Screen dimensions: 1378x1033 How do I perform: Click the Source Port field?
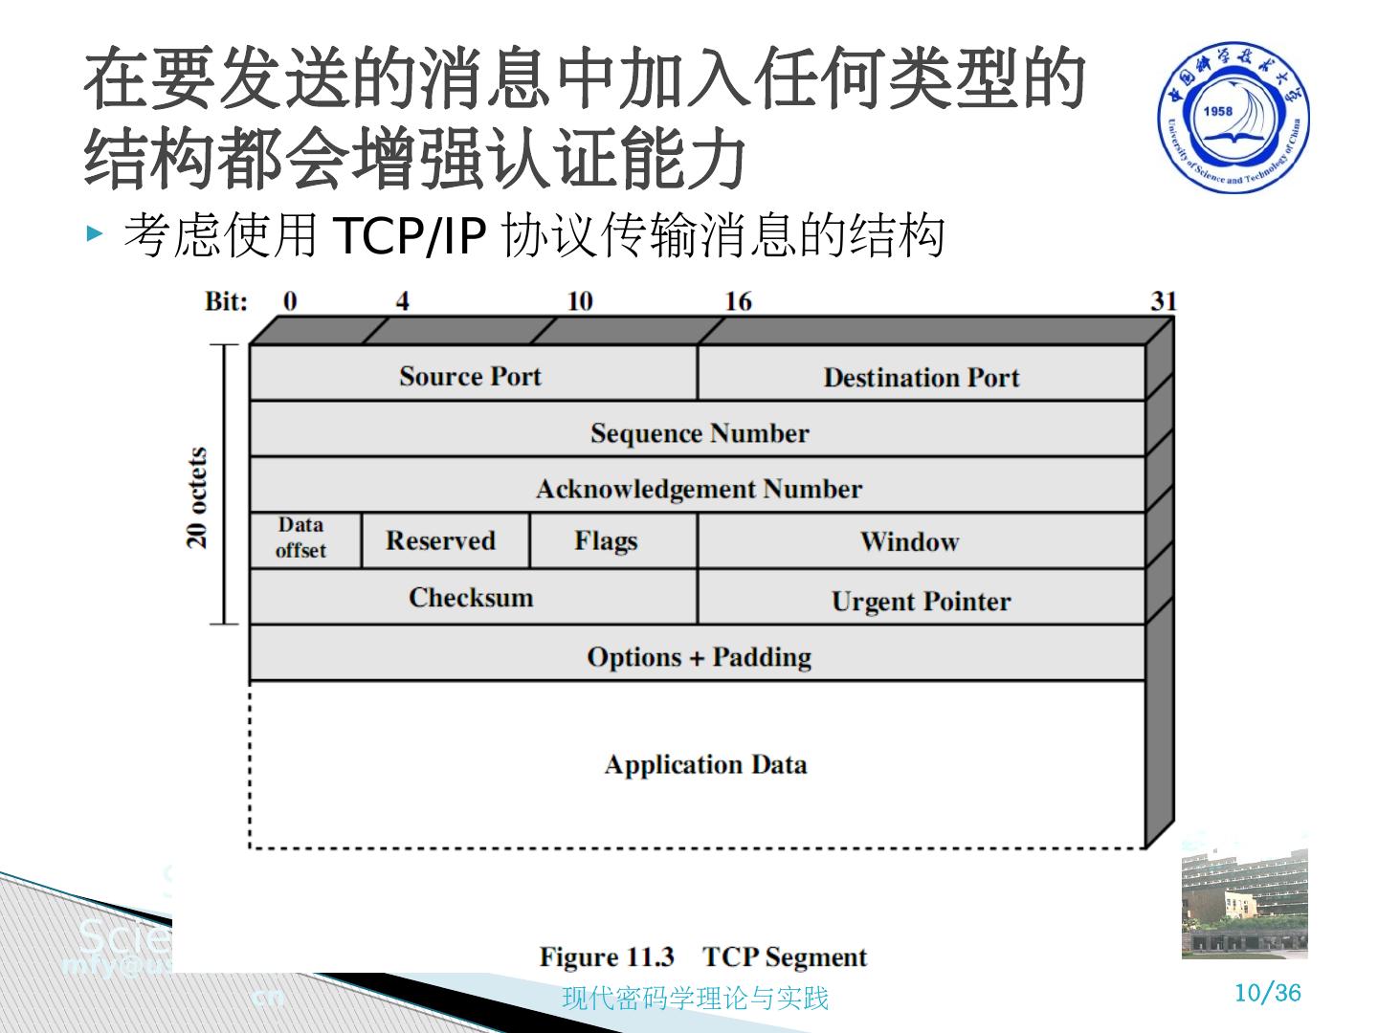coord(471,376)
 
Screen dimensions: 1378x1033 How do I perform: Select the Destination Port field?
coord(921,377)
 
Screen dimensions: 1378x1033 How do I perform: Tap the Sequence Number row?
coord(699,432)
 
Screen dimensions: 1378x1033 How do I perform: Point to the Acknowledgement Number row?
coord(699,489)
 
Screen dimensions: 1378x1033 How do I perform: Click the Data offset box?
coord(301,538)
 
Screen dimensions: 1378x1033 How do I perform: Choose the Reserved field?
coord(441,540)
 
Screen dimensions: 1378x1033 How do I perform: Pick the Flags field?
coord(606,540)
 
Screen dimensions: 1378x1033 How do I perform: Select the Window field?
coord(909,541)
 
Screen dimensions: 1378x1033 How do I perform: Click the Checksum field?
coord(471,597)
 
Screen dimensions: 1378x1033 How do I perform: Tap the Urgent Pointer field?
coord(921,601)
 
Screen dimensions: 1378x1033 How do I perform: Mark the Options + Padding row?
coord(699,656)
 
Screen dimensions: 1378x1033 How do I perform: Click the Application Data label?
coord(705,764)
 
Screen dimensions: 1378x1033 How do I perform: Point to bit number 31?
coord(1163,301)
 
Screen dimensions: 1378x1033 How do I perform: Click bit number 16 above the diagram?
coord(738,301)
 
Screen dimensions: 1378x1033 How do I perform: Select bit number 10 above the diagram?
coord(580,301)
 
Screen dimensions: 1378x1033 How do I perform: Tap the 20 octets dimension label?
coord(198,497)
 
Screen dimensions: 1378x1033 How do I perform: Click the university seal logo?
coord(1235,117)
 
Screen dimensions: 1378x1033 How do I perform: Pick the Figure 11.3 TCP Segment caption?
coord(702,956)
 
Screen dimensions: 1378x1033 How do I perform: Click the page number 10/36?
coord(1267,992)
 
